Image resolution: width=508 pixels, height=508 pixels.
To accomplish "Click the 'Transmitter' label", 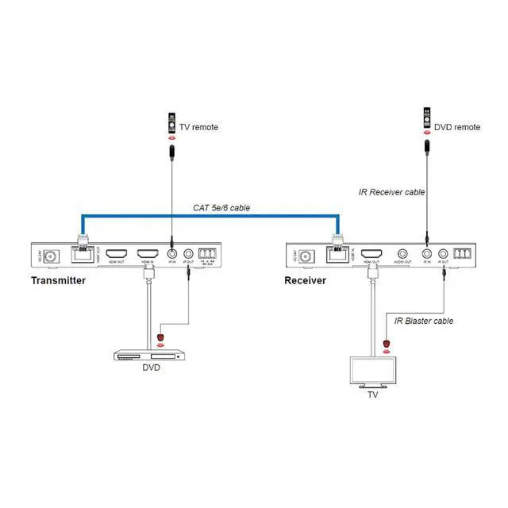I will point(58,281).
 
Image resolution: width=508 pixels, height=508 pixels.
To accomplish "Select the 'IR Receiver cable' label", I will point(393,192).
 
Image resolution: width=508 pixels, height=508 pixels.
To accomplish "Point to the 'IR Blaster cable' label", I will point(424,321).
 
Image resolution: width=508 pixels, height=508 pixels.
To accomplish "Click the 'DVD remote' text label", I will point(457,127).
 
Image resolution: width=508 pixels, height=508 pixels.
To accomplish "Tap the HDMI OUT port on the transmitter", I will point(116,256).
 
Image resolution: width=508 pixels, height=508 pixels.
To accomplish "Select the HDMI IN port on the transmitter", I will point(147,256).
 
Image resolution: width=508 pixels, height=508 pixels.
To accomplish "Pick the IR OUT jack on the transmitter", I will point(189,256).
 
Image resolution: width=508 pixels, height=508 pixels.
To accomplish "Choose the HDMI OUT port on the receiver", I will point(371,256).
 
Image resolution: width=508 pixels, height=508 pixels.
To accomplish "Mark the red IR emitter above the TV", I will point(387,344).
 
